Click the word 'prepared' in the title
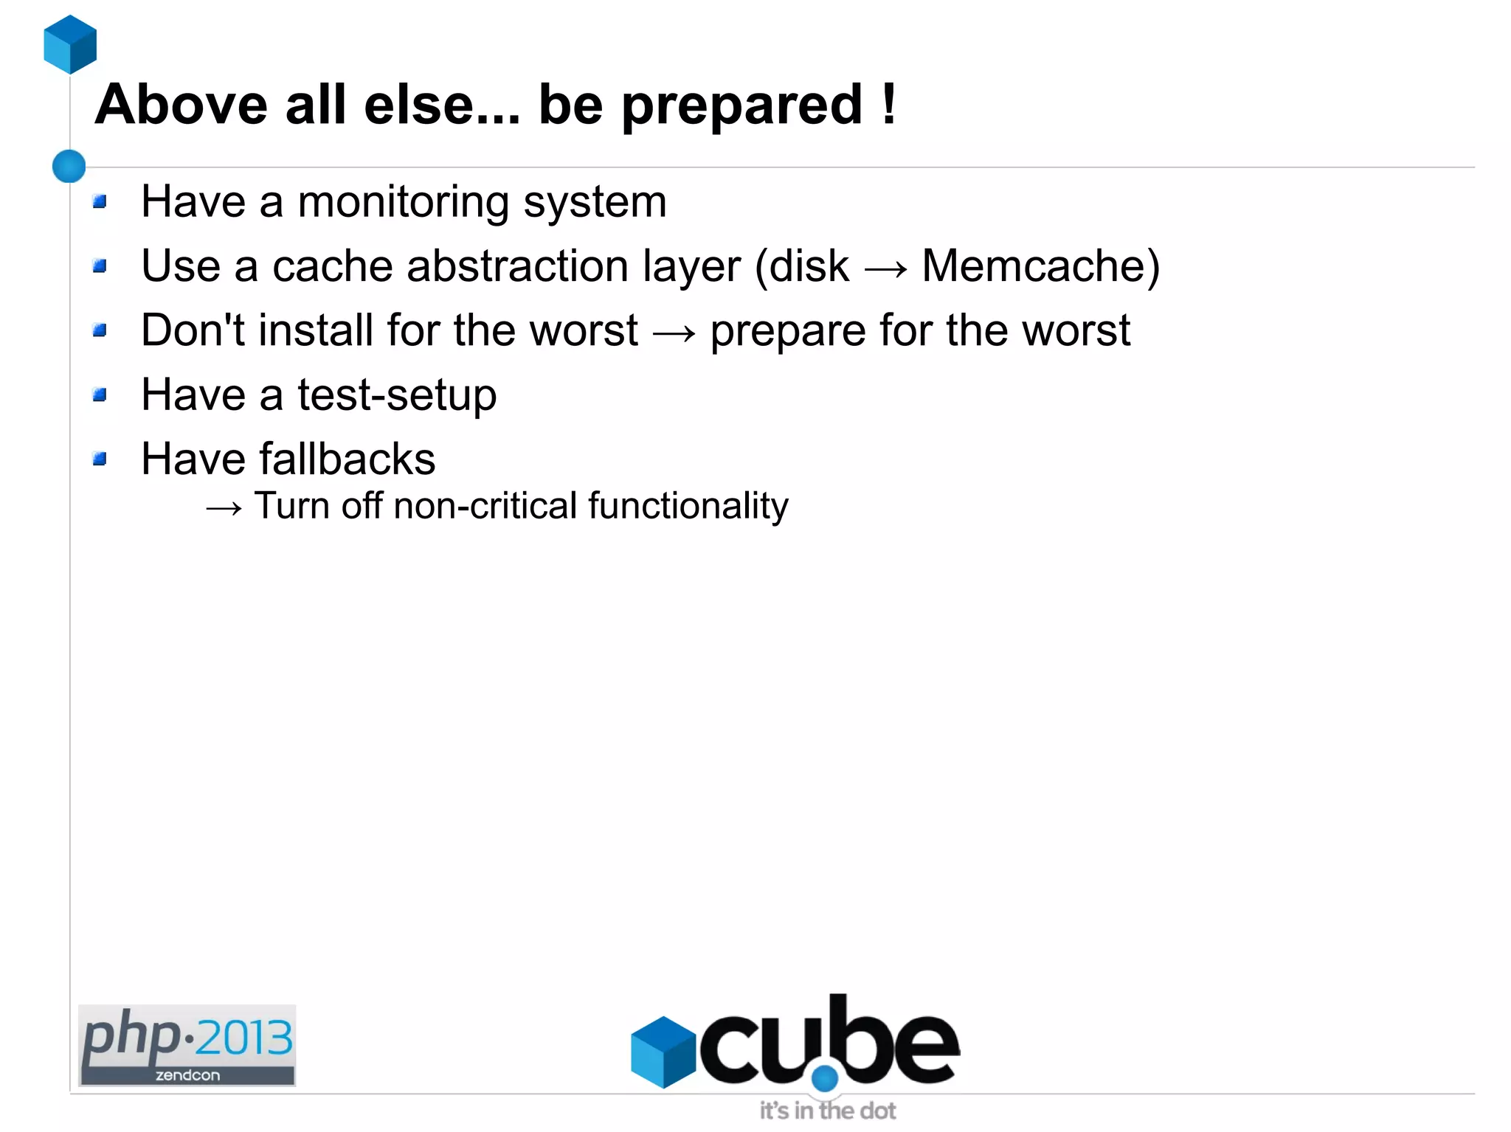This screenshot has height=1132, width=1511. point(742,105)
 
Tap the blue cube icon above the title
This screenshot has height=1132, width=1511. point(70,44)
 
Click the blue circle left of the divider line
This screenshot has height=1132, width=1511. point(69,166)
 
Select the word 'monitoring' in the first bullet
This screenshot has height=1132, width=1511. point(403,202)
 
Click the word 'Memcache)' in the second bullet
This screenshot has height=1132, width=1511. point(1040,266)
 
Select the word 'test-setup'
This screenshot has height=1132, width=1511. point(397,395)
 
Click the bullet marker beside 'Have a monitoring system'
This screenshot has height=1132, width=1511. point(100,201)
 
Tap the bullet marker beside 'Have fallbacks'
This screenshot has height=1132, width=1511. point(100,459)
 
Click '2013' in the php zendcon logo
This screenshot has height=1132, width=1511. point(244,1038)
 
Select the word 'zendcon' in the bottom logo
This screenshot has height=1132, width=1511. point(187,1075)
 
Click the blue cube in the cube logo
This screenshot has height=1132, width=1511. point(663,1052)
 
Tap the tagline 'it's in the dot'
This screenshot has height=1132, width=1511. point(828,1111)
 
